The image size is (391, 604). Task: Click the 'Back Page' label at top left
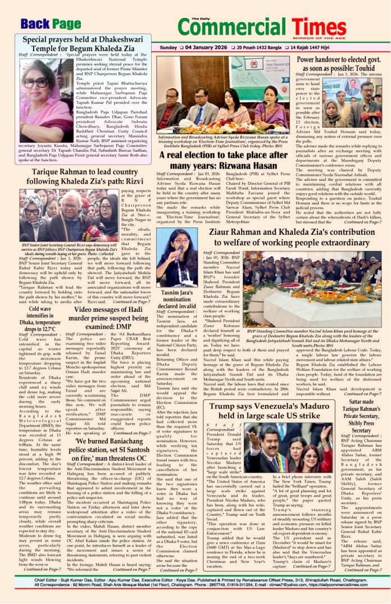pos(51,24)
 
